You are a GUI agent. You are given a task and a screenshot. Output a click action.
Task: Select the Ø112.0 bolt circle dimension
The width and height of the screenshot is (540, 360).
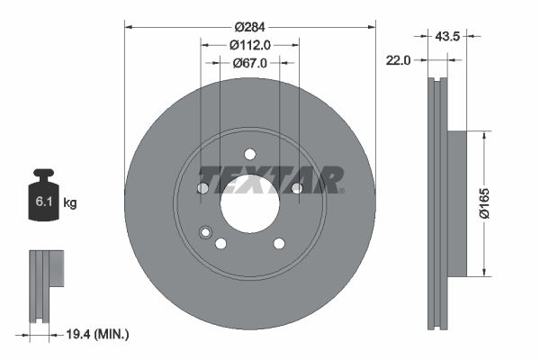point(249,44)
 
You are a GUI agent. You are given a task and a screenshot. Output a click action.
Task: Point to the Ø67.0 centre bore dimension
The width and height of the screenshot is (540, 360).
point(249,63)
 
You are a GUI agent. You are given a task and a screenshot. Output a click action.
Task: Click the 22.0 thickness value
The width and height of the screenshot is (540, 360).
point(397,60)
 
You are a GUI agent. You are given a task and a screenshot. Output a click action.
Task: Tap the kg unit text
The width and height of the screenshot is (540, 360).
point(70,203)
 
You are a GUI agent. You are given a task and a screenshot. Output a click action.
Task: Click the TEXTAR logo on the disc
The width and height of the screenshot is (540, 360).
point(270,179)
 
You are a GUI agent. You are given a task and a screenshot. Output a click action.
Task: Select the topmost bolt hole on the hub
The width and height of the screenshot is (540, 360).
point(249,153)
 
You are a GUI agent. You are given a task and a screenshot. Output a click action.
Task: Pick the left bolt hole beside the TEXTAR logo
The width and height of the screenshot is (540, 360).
point(202,187)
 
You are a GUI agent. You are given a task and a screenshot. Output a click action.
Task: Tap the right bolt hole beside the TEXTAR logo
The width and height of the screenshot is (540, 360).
point(296,187)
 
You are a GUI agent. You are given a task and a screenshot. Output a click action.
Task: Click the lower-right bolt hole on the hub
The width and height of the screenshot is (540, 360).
point(278,243)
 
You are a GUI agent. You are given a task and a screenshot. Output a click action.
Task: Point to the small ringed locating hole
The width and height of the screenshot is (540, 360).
point(206,234)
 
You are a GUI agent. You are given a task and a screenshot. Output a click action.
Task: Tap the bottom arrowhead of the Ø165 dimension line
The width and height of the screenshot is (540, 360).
point(485,273)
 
